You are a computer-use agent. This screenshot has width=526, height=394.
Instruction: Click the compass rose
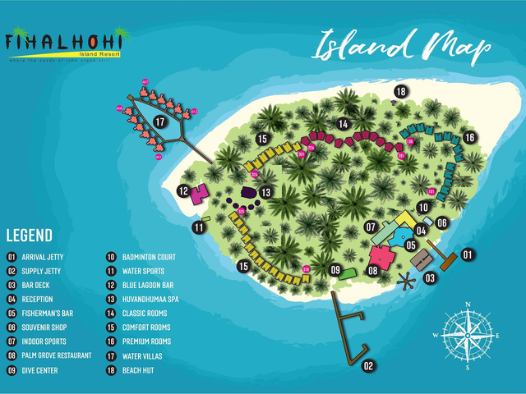[467, 336]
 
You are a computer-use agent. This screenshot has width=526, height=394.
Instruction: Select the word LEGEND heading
[30, 236]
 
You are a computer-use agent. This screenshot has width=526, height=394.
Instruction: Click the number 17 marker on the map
[159, 122]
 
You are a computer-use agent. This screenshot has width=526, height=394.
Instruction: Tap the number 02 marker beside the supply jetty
[369, 366]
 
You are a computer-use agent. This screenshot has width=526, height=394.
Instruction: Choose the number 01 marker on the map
[468, 254]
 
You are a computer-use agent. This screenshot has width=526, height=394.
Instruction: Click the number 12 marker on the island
[182, 190]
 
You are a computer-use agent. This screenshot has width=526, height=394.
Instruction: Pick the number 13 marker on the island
[266, 192]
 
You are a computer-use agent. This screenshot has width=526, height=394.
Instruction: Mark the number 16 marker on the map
[469, 137]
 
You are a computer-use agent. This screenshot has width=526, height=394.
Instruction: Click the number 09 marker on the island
[335, 269]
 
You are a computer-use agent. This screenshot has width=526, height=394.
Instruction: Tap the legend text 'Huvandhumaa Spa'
[150, 300]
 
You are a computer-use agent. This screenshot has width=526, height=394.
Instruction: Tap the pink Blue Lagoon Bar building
[197, 195]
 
